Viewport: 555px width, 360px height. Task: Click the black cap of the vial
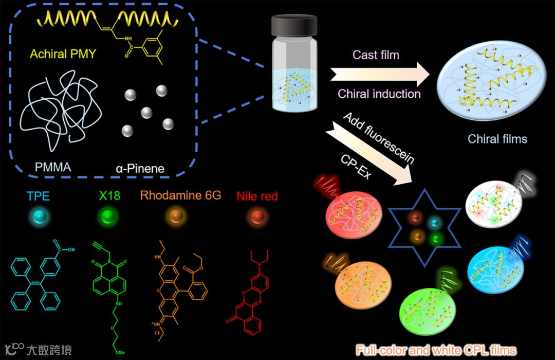pos(294,25)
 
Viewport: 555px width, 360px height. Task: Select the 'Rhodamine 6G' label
pos(180,195)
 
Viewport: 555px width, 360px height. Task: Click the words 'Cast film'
pos(376,55)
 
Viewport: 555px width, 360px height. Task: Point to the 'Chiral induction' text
pos(379,94)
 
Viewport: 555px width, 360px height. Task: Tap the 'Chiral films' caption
pos(497,139)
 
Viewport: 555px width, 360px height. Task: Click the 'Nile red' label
pos(257,196)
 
